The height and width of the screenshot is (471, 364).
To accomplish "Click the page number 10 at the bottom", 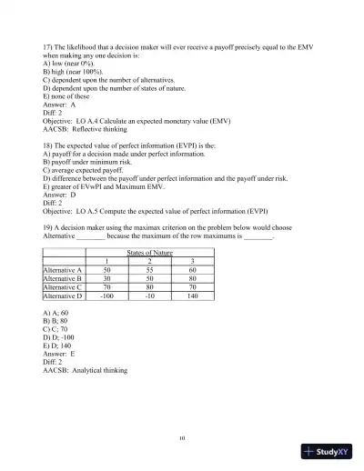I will (x=182, y=437).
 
